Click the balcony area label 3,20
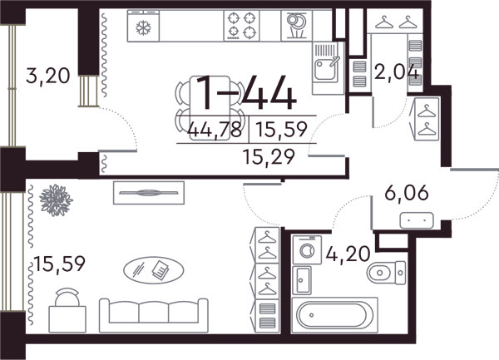tap(47, 76)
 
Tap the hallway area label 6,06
tap(407, 193)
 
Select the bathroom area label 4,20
tap(348, 254)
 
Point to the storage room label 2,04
tap(396, 72)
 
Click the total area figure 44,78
tap(215, 130)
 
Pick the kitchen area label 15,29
tap(269, 157)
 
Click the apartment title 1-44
tap(246, 94)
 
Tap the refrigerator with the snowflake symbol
tap(143, 26)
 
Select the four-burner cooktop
tap(241, 26)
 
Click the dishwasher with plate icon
tap(297, 26)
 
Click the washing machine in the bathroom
tap(307, 249)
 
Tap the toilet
tap(387, 272)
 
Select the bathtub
tap(335, 315)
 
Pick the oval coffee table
tap(153, 270)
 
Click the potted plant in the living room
tap(56, 200)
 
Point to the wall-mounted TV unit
tap(149, 193)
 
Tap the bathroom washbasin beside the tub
tap(302, 280)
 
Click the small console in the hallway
tap(417, 220)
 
